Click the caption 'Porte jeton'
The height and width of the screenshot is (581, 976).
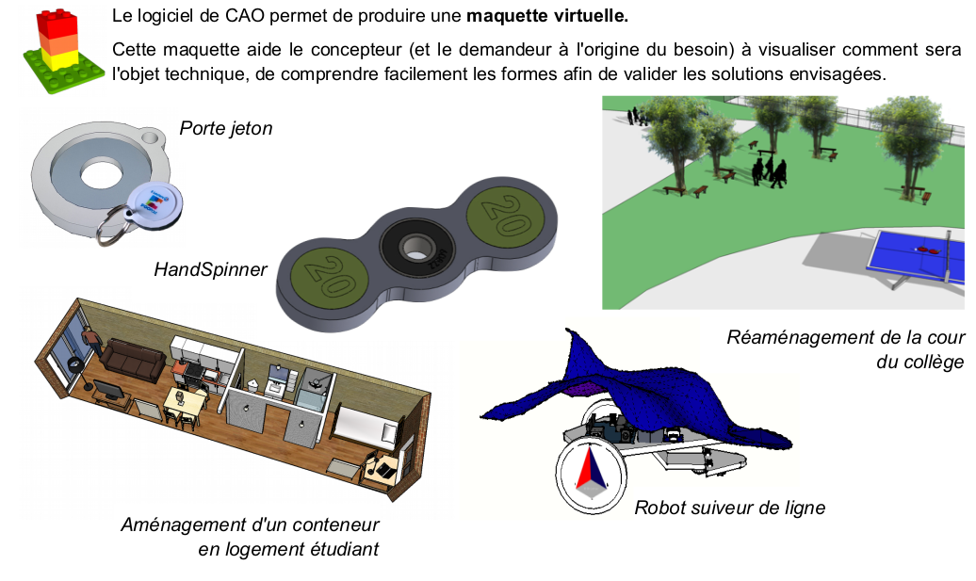pos(226,128)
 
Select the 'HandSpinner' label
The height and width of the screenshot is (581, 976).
pos(210,269)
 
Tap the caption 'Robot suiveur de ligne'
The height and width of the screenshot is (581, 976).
pos(729,508)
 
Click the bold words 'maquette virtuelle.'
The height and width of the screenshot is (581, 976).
pos(547,16)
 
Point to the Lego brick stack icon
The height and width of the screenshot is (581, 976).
pos(62,51)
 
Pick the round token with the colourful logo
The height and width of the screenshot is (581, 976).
pos(155,204)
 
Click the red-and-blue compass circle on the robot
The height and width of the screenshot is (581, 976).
pos(592,476)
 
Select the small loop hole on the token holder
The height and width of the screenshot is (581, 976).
pos(151,135)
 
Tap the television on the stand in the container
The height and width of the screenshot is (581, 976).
pos(109,391)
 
